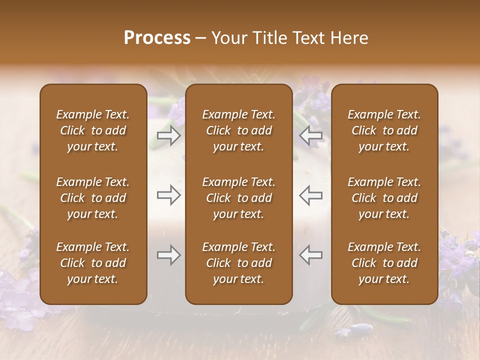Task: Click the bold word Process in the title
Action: click(157, 38)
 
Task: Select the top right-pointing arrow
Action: click(168, 135)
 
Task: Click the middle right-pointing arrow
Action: click(168, 195)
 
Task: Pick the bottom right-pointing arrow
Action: click(168, 255)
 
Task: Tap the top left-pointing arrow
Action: click(311, 135)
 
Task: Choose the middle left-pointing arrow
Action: click(311, 195)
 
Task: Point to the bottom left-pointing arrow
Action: click(311, 255)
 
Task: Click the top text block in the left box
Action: click(93, 130)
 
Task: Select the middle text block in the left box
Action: click(93, 198)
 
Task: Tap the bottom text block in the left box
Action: click(93, 263)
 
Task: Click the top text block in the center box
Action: click(239, 130)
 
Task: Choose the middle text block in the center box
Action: click(239, 198)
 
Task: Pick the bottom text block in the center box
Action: click(239, 263)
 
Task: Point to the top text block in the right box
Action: click(384, 130)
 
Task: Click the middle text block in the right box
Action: click(384, 198)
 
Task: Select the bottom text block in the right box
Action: click(384, 263)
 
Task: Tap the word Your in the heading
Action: click(228, 38)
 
